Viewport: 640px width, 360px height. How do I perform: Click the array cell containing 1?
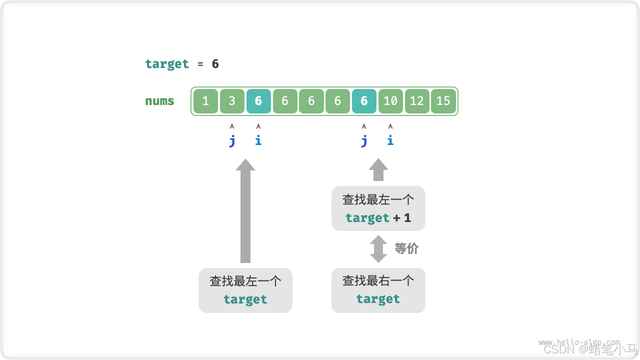coord(205,101)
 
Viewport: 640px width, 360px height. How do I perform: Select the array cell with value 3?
coord(232,101)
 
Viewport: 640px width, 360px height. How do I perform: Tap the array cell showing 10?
coord(390,101)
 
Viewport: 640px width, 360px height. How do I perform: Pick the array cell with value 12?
coord(417,101)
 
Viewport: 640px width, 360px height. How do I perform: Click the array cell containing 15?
coord(443,101)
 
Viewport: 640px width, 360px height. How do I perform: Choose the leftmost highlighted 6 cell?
coord(258,101)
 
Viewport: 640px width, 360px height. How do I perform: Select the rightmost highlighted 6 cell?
coord(364,101)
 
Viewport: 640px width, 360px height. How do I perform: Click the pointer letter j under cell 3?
coord(232,140)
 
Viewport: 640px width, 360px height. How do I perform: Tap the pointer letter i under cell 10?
coord(390,140)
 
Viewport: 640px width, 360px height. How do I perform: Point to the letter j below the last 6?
coord(364,140)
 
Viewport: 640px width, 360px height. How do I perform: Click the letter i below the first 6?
coord(258,140)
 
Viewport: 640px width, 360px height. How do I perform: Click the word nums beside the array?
coord(160,101)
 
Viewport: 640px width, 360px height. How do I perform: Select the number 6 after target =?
coord(215,64)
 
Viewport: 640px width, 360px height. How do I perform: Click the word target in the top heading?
coord(167,64)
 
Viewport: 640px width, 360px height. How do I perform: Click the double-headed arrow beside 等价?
coord(378,249)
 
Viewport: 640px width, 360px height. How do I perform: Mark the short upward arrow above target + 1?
coord(378,170)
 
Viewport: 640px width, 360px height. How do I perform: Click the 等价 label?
coord(406,248)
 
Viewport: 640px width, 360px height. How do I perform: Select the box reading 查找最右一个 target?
coord(378,290)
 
